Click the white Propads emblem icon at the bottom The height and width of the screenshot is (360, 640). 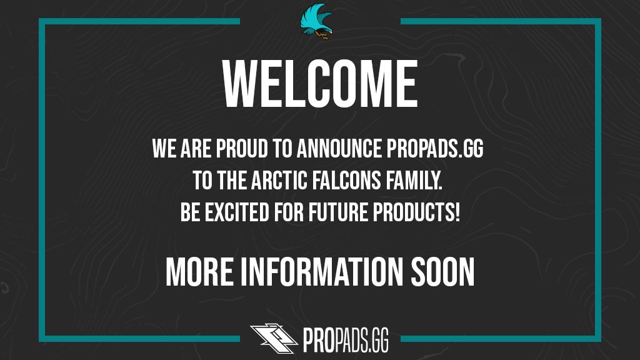(x=272, y=338)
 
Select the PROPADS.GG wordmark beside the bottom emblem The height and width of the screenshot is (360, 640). (x=347, y=339)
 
